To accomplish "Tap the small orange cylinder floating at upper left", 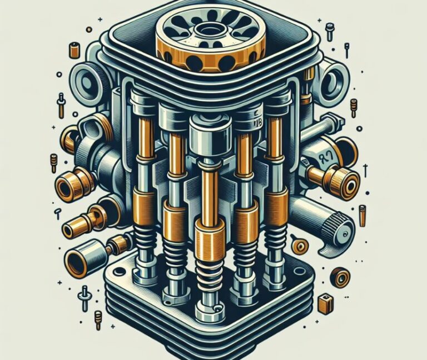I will pos(73,50).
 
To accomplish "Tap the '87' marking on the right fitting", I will pos(321,157).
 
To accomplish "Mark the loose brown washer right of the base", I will pos(339,276).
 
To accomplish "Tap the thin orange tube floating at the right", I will pos(363,216).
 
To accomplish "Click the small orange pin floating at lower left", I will pos(98,317).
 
